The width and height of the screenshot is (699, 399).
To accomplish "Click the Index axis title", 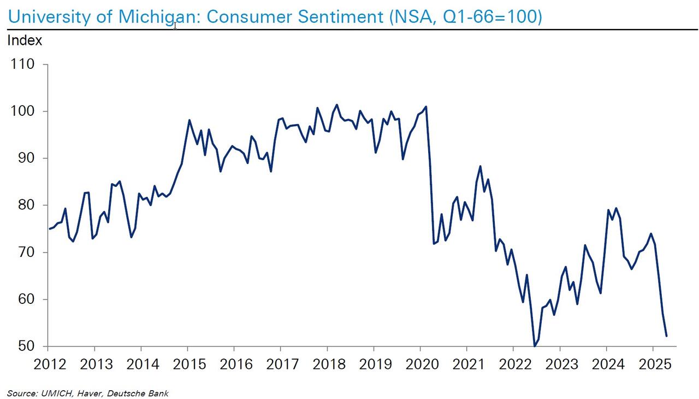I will pyautogui.click(x=25, y=40).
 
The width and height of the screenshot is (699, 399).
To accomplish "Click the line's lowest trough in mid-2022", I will pyautogui.click(x=535, y=345).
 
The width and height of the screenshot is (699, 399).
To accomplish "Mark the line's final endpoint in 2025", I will pyautogui.click(x=667, y=336).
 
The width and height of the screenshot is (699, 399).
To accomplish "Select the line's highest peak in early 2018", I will pyautogui.click(x=336, y=105).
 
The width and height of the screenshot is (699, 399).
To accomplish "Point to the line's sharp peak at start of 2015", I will pyautogui.click(x=189, y=120).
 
